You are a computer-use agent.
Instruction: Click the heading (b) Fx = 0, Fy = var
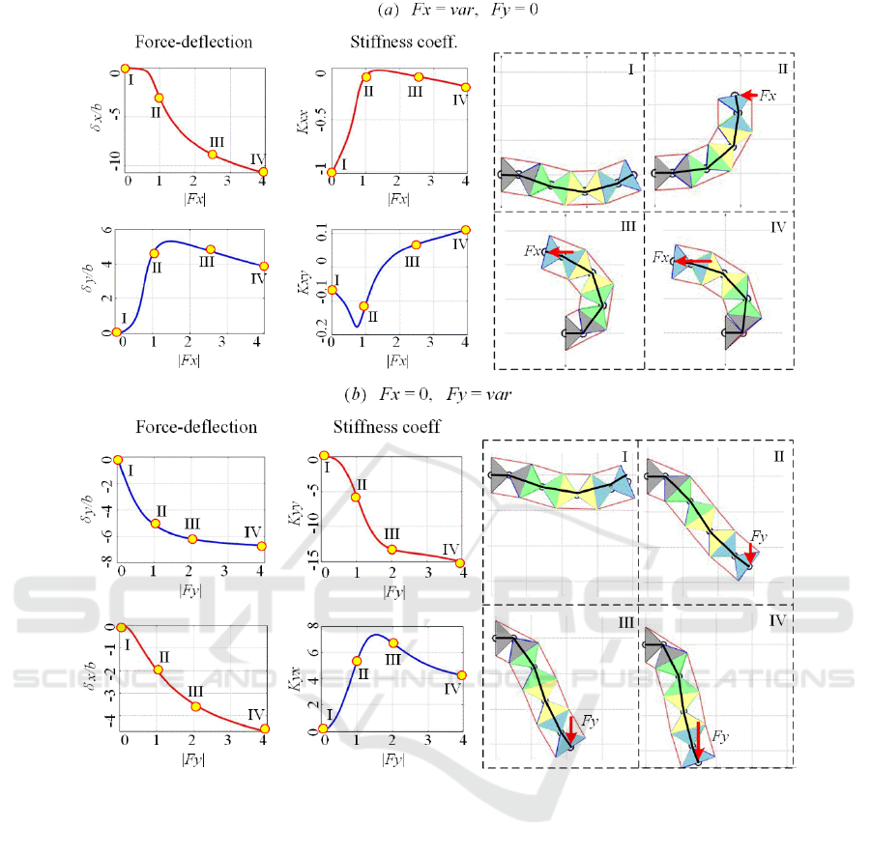[x=428, y=394]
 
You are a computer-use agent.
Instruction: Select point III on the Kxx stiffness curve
[x=419, y=77]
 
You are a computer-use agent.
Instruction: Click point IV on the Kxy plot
[x=465, y=230]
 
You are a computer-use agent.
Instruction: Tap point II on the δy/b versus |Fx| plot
[x=154, y=253]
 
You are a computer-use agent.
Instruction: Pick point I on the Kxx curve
[x=332, y=172]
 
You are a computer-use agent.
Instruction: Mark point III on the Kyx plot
[x=392, y=642]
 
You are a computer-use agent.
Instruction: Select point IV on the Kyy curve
[x=460, y=562]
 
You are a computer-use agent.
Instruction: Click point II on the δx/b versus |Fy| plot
[x=158, y=670]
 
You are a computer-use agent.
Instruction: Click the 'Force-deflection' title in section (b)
[x=196, y=427]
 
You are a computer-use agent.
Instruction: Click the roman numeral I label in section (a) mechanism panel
[x=630, y=70]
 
